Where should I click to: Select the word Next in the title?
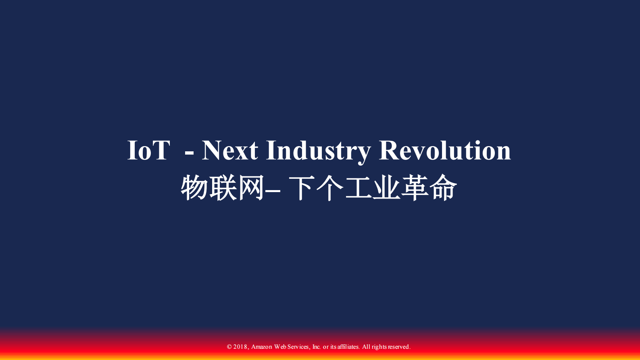click(229, 151)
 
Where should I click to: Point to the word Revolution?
click(445, 151)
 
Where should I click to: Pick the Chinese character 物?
click(194, 188)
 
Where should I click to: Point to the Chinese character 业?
click(386, 188)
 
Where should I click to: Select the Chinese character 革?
click(415, 188)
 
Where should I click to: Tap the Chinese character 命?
click(443, 188)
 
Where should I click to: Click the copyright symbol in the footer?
click(229, 347)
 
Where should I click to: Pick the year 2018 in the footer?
click(240, 347)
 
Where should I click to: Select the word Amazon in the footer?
click(262, 347)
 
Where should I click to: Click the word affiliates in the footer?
click(348, 347)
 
